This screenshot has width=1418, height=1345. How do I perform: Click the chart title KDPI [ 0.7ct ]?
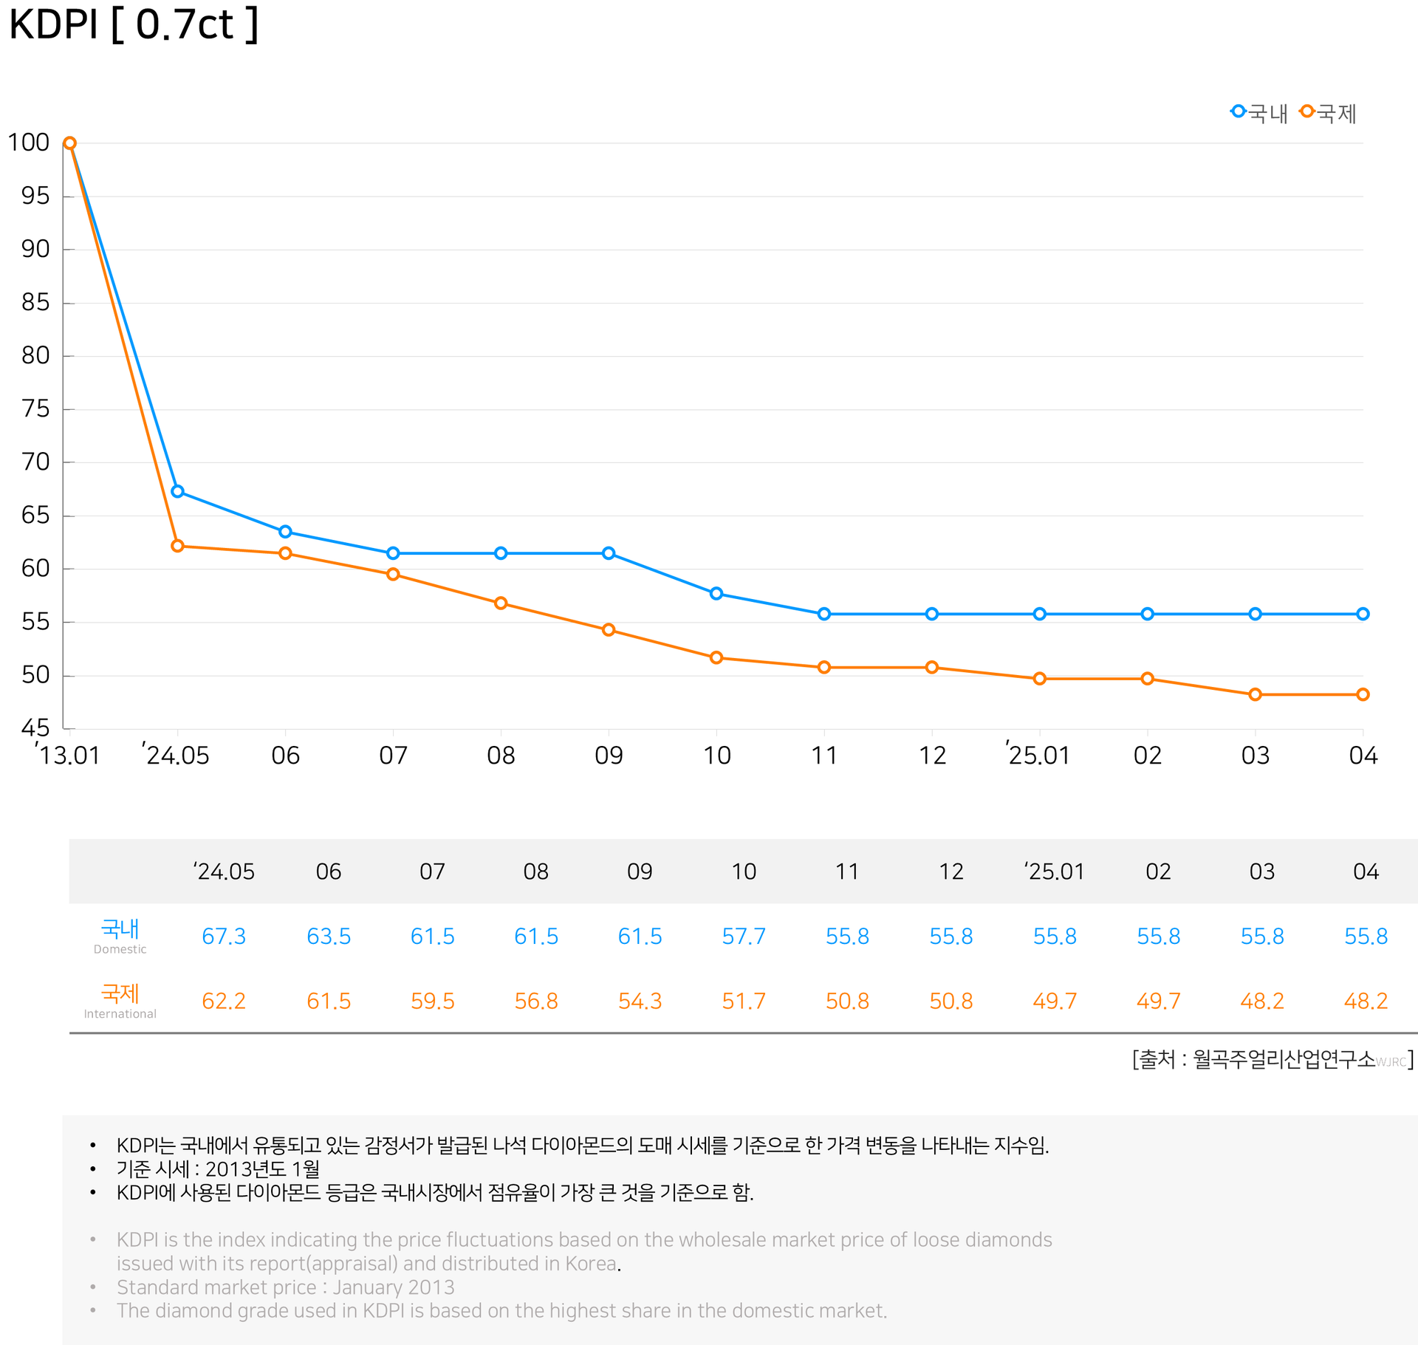pos(134,24)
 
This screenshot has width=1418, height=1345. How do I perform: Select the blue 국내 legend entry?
pos(1259,113)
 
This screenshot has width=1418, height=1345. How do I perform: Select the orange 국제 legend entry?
pos(1328,113)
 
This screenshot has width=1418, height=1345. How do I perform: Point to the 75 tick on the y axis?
pos(35,408)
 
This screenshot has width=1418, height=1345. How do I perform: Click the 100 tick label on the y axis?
pos(28,142)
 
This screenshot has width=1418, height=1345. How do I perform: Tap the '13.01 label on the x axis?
pos(68,755)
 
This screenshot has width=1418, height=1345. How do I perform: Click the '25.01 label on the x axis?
pos(1038,755)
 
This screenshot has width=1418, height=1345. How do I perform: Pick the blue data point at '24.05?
pos(177,491)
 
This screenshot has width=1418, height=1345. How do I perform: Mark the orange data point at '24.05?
pos(177,546)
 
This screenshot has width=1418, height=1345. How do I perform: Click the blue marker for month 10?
pos(716,593)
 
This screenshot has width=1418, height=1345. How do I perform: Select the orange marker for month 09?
pos(609,630)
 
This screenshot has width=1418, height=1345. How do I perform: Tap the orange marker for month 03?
pos(1255,694)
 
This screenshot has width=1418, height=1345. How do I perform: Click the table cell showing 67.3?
pos(224,937)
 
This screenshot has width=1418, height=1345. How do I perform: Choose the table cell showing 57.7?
pos(744,937)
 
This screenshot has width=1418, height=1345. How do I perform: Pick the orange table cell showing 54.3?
pos(640,1001)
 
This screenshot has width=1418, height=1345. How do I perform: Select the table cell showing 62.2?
pos(224,1001)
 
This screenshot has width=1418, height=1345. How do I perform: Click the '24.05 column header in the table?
pos(225,872)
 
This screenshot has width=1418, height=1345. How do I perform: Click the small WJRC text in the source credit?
pos(1391,1062)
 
